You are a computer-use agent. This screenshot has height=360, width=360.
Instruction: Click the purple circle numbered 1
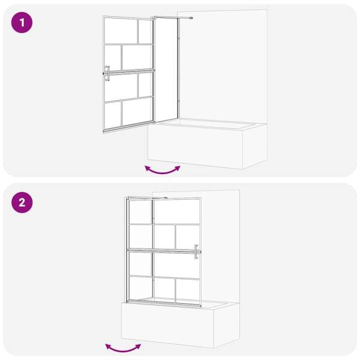(x=22, y=23)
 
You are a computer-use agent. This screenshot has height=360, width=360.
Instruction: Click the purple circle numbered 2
(x=22, y=203)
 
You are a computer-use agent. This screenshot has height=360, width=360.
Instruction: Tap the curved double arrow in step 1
(x=163, y=171)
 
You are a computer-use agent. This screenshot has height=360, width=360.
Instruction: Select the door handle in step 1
(x=107, y=73)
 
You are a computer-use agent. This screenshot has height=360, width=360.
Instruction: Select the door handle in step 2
(x=196, y=252)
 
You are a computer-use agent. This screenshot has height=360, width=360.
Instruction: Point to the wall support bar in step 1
(x=174, y=17)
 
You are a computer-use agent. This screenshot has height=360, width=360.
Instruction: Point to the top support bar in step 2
(x=148, y=197)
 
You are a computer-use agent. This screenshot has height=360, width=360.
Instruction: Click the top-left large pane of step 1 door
(x=121, y=31)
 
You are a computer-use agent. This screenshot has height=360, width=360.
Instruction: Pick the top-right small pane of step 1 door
(x=145, y=31)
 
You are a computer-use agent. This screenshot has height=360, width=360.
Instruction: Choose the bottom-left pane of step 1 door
(x=113, y=115)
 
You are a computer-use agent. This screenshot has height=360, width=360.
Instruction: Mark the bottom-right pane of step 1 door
(x=137, y=112)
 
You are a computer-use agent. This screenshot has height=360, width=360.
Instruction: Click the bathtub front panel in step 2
(x=167, y=325)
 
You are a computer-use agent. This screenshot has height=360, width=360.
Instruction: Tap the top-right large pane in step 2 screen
(x=177, y=211)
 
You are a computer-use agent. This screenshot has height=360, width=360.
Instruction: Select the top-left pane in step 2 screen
(x=140, y=212)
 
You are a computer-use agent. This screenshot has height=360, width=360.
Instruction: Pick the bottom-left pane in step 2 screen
(x=140, y=288)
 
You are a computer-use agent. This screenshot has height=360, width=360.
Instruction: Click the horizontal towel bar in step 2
(x=163, y=250)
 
